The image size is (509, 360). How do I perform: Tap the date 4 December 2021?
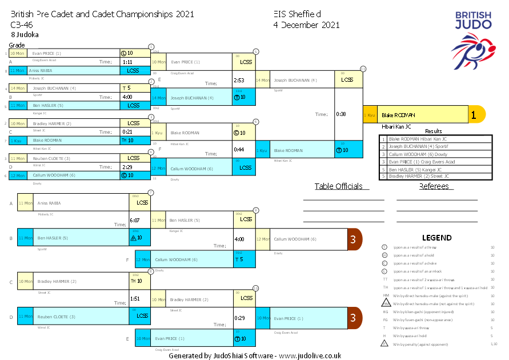(x=306, y=25)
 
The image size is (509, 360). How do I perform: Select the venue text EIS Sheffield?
(x=297, y=14)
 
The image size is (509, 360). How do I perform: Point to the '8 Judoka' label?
(x=25, y=34)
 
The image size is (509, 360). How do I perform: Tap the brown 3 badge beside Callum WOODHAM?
(x=354, y=239)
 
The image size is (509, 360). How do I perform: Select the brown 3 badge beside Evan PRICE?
(x=354, y=318)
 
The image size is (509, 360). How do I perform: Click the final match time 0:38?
(x=341, y=114)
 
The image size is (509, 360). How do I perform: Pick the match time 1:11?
(x=127, y=62)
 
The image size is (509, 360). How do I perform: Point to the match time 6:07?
(x=135, y=219)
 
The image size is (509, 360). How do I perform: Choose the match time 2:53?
(x=239, y=80)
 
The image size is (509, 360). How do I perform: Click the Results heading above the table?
(x=434, y=131)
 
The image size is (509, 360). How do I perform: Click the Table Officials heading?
(x=339, y=186)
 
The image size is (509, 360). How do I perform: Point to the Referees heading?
(x=434, y=186)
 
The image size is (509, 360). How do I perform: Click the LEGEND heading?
(x=436, y=238)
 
